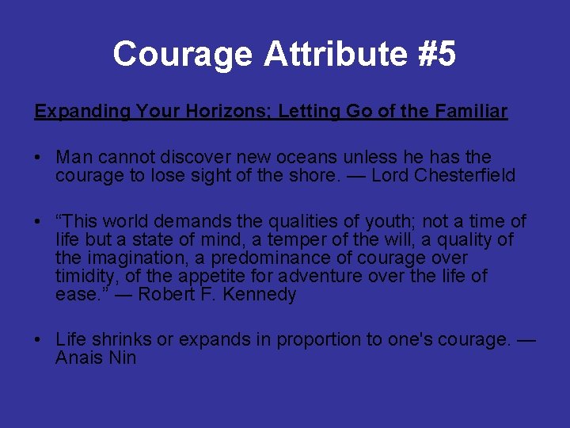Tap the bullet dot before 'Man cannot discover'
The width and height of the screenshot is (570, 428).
[38, 158]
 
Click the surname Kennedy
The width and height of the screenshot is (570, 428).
[262, 295]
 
